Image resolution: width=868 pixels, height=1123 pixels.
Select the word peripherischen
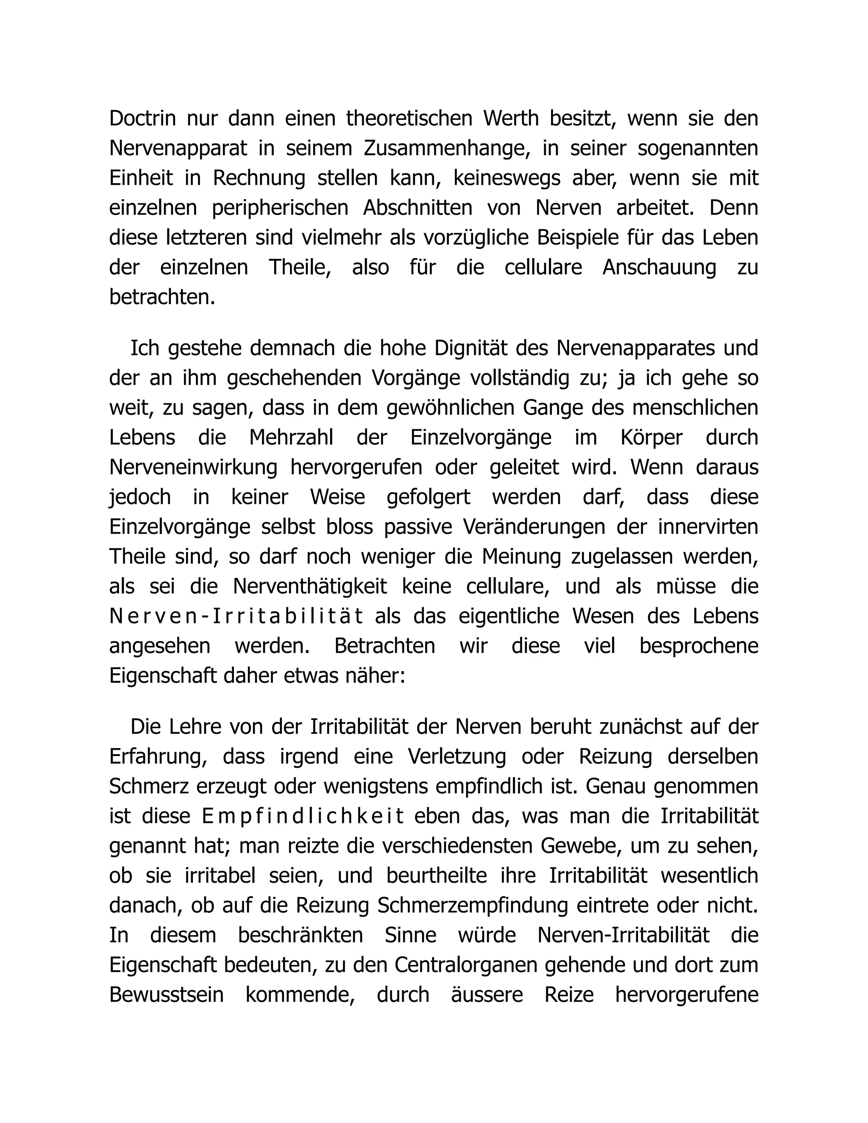click(x=280, y=208)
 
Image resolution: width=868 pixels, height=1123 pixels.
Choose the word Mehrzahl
click(x=291, y=438)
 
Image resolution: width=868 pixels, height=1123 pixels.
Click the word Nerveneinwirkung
click(x=193, y=468)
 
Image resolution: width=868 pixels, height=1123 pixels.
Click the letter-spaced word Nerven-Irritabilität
click(x=236, y=617)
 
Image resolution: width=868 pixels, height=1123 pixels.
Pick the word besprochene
click(x=699, y=646)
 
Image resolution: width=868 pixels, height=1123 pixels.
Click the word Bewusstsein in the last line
click(x=167, y=995)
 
